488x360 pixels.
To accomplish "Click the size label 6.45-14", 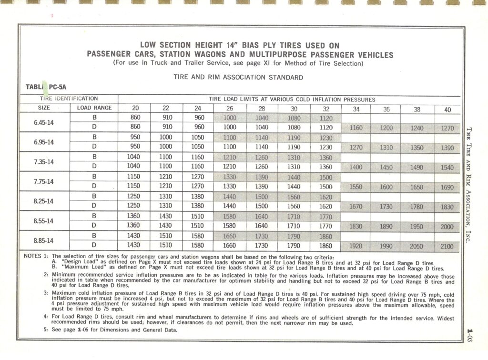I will tap(44, 122).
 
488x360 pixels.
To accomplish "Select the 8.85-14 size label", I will tap(44, 241).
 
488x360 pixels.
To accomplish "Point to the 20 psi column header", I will tap(135, 108).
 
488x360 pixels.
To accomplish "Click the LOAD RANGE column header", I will tap(94, 108).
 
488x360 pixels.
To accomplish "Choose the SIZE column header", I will tap(44, 108).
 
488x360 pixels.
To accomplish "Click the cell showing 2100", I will tap(447, 246).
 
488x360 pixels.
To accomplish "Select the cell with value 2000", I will tap(447, 227).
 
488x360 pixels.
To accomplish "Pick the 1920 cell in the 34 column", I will tap(356, 246).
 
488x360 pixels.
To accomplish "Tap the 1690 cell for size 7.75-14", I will tap(447, 187).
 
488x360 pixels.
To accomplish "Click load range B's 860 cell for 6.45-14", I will tap(135, 118).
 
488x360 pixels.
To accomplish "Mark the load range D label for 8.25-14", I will tap(94, 206).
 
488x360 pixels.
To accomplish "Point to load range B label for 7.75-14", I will tap(94, 177).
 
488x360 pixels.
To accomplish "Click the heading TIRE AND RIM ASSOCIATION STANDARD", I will tap(238, 77).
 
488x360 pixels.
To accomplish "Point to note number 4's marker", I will tap(46, 316).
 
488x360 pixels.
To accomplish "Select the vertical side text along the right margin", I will tap(469, 186).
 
